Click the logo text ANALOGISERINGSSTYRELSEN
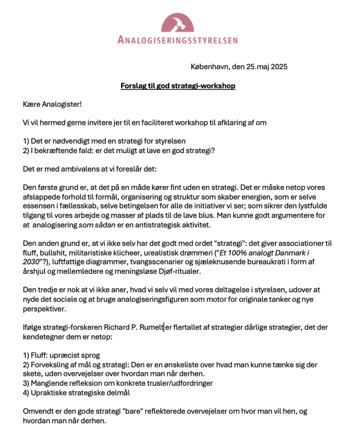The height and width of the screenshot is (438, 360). click(177, 40)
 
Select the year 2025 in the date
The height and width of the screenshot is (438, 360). click(279, 67)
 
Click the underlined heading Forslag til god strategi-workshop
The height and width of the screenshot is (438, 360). click(178, 86)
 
